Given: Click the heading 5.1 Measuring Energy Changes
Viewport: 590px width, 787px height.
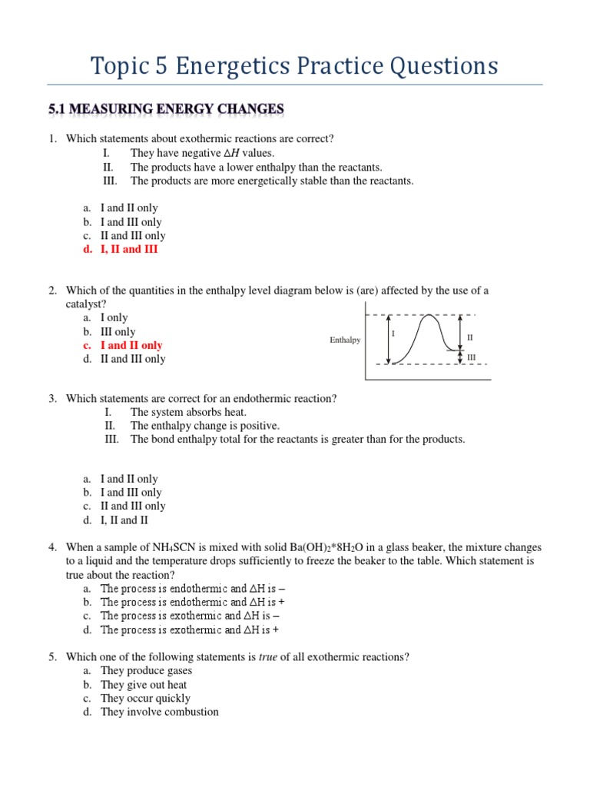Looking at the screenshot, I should point(166,110).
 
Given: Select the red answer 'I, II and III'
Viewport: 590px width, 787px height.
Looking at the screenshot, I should point(129,249).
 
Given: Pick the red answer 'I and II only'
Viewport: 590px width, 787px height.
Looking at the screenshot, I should point(131,345).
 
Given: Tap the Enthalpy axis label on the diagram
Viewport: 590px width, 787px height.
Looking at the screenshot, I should point(345,340).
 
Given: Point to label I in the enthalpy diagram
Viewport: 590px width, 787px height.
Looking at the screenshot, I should point(393,334).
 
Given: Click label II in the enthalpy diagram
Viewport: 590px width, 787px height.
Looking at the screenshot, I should point(470,337).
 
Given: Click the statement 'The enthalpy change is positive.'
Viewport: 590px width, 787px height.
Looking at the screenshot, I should point(205,426).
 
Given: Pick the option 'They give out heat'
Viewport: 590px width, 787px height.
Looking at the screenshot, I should point(144,684).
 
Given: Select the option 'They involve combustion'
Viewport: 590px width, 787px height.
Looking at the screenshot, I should point(159,712).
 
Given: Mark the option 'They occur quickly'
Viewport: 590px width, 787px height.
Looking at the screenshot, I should point(145,698).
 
